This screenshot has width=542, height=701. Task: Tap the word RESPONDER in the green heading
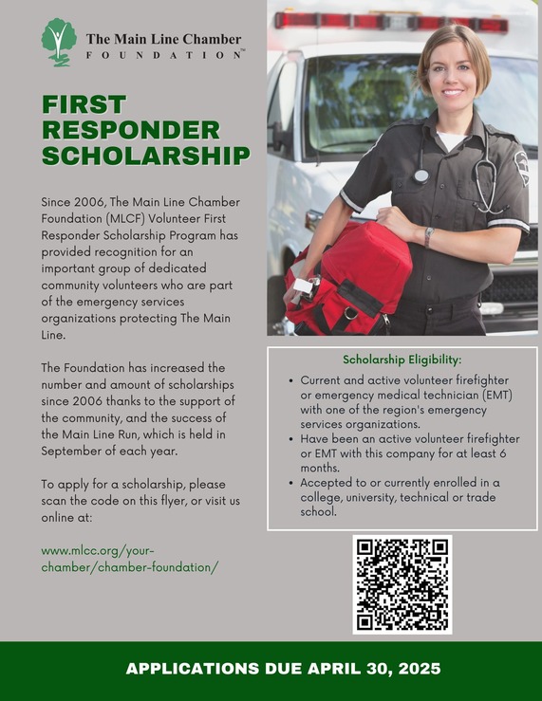(x=131, y=130)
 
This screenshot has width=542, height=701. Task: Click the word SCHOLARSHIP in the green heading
(x=145, y=156)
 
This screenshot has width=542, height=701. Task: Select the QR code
(x=402, y=583)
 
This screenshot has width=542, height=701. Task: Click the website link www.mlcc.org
(x=98, y=551)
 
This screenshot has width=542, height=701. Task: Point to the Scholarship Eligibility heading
(x=402, y=360)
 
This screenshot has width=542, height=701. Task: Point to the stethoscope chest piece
(x=421, y=175)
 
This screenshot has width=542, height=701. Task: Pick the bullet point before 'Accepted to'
(x=290, y=482)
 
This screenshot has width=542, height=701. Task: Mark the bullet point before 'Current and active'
(x=290, y=379)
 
